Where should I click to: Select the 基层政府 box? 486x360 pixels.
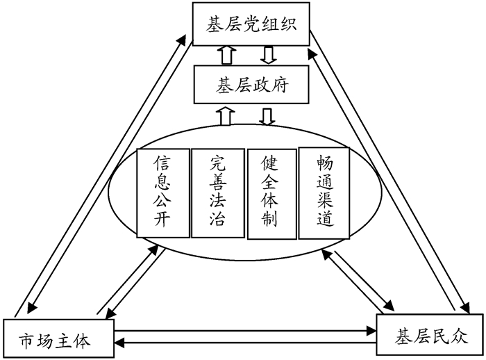[251, 86]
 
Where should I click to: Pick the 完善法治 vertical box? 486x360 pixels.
[216, 193]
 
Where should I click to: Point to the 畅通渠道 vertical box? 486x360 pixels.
[324, 193]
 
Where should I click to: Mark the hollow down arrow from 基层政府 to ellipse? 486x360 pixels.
[268, 116]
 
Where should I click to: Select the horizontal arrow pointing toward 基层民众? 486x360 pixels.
[243, 330]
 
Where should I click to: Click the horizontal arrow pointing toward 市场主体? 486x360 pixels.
[243, 342]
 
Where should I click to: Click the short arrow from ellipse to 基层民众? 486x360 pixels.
[361, 281]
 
